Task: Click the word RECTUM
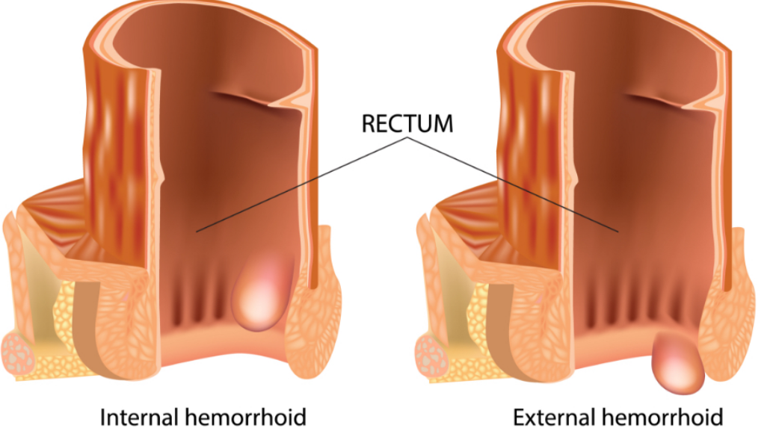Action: pos(407,123)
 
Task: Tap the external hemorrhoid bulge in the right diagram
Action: pos(678,364)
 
